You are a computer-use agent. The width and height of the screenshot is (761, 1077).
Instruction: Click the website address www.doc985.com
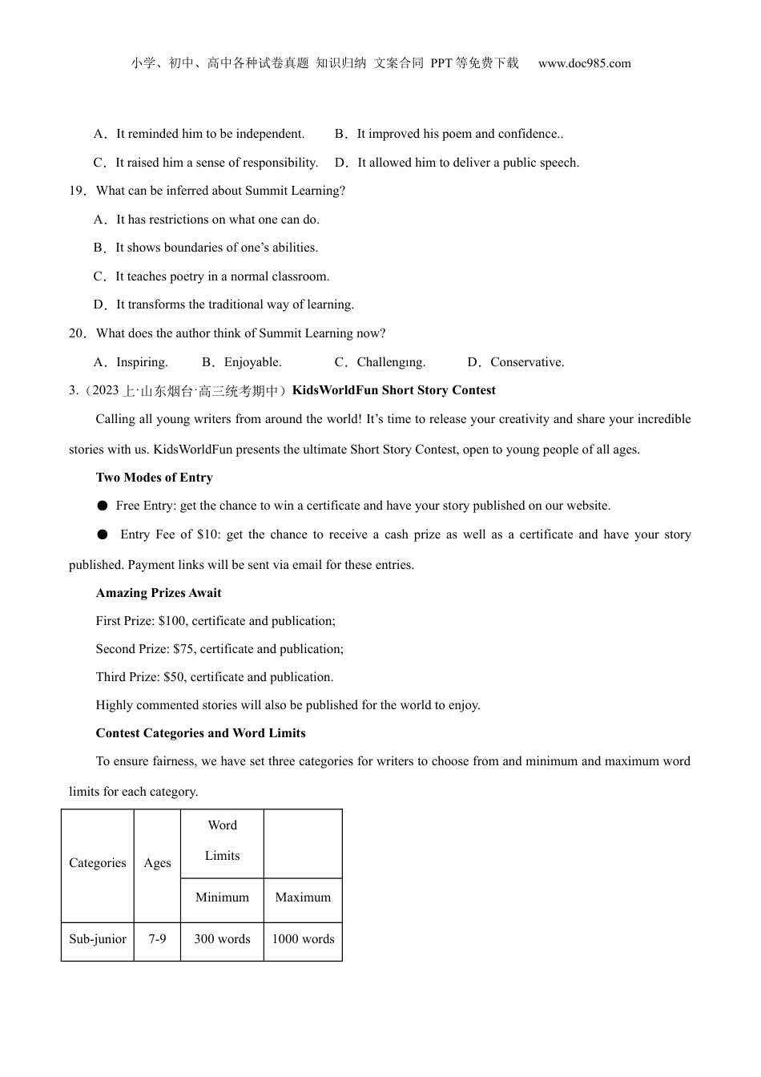click(x=584, y=63)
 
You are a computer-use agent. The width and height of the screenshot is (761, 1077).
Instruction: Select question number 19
click(x=77, y=191)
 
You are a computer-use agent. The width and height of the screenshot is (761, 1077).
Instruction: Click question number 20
click(x=77, y=333)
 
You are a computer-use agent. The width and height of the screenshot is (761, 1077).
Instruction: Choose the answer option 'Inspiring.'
click(x=142, y=362)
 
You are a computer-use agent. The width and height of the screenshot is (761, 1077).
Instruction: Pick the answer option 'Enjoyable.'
click(x=252, y=362)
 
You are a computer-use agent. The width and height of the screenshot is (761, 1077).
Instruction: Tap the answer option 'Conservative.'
click(x=527, y=362)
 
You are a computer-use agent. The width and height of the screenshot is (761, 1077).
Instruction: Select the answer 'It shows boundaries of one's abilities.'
click(x=216, y=248)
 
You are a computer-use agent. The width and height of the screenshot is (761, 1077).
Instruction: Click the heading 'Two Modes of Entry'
click(x=154, y=478)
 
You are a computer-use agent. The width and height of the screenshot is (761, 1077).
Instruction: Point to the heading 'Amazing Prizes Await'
click(x=159, y=593)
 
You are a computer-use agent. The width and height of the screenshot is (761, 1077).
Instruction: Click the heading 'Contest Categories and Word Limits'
click(x=200, y=733)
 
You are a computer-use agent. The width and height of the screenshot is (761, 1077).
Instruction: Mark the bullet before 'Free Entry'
click(x=103, y=506)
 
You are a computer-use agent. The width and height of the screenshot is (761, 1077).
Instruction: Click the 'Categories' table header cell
click(x=98, y=863)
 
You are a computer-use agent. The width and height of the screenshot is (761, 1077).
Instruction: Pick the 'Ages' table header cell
click(x=157, y=863)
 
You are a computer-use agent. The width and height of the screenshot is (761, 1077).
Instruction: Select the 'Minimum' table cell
click(x=222, y=897)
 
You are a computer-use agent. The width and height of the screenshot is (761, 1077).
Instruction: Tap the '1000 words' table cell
click(x=303, y=939)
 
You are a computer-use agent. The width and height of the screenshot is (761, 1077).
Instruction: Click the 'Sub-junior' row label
click(x=98, y=939)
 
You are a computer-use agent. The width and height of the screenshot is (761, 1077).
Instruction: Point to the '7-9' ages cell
click(x=157, y=939)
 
